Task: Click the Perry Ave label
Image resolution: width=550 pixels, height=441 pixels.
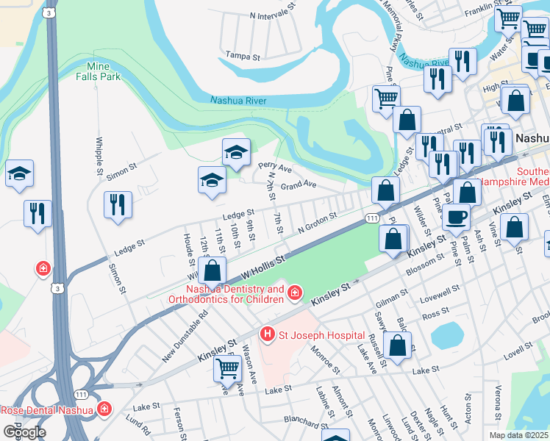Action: click(x=274, y=168)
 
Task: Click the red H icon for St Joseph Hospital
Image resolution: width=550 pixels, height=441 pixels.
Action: click(x=267, y=335)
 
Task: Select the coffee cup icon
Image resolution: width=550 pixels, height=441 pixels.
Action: click(x=456, y=217)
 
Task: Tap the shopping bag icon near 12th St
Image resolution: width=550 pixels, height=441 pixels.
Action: click(x=212, y=271)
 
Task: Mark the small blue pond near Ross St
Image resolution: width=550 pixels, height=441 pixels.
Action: click(x=444, y=336)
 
